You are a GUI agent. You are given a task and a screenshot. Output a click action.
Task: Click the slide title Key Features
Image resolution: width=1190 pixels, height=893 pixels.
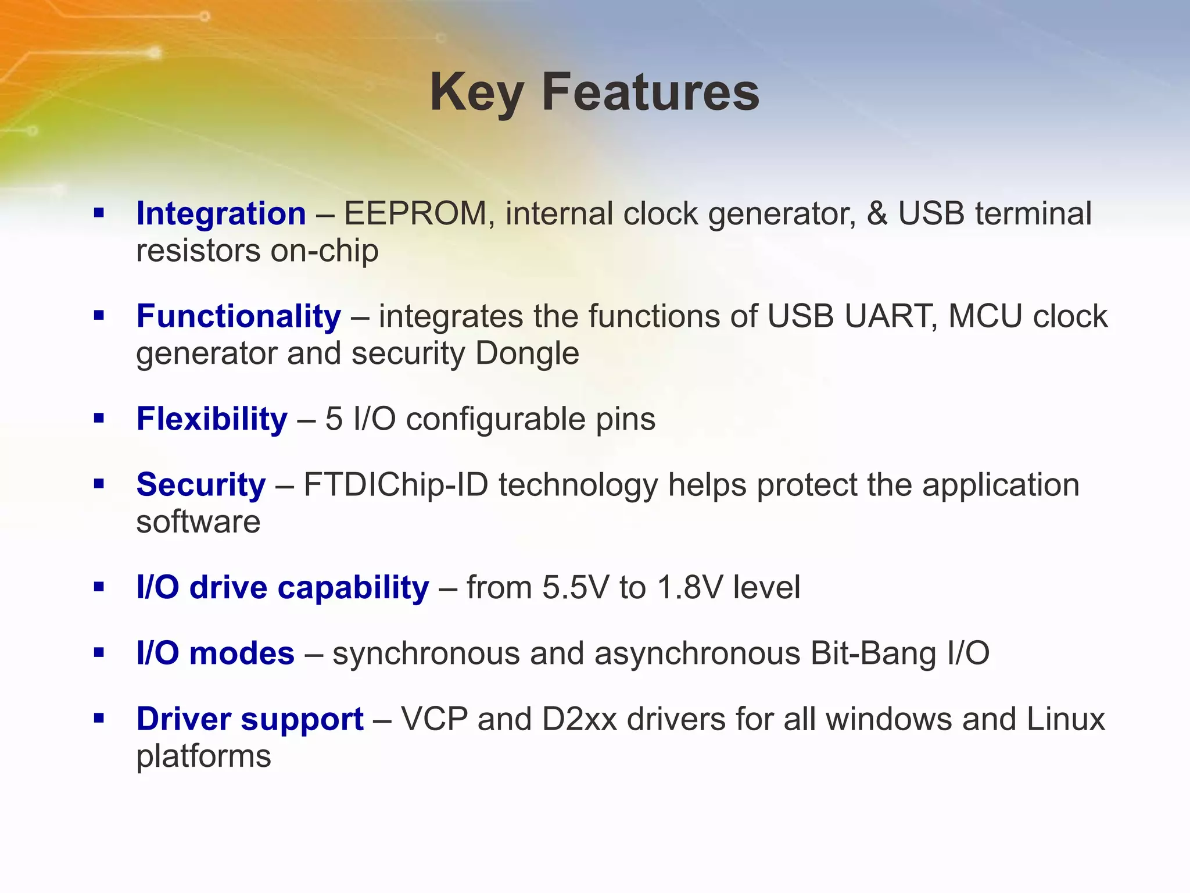pos(594,93)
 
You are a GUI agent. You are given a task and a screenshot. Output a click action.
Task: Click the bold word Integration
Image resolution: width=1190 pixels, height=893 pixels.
pos(221,213)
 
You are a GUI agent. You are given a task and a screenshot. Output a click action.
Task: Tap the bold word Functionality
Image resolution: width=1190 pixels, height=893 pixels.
pos(238,316)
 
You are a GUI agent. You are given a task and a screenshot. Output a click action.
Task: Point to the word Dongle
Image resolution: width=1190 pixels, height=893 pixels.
pos(527,353)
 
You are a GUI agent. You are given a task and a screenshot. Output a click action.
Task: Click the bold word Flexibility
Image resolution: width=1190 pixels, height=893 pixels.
pos(212,419)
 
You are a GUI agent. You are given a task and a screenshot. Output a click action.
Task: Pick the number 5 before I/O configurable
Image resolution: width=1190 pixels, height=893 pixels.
pos(334,419)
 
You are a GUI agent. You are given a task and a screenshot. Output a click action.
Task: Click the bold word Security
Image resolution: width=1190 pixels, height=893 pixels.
pos(200,485)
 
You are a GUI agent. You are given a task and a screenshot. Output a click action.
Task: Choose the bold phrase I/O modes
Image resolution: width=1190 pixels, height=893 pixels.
pos(215,653)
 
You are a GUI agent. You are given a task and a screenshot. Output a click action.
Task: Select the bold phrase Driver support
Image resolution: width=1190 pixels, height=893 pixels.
pos(250,719)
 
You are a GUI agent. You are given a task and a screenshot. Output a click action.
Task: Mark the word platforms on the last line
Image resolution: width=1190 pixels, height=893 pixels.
pos(203,756)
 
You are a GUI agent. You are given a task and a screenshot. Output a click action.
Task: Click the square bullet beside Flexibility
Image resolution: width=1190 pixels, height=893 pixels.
pos(99,418)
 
